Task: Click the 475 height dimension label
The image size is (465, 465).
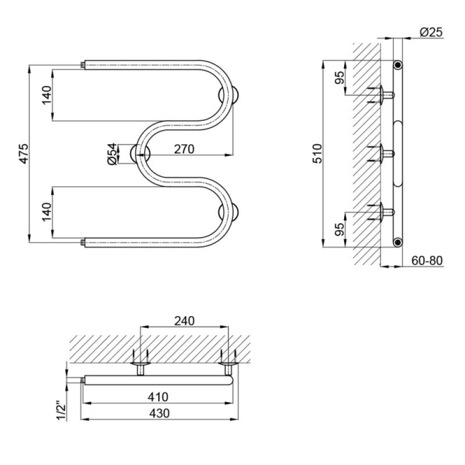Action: (24, 153)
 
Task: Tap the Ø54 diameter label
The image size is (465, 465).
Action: (112, 154)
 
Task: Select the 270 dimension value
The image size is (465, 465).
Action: (184, 149)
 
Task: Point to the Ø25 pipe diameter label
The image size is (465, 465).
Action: (431, 32)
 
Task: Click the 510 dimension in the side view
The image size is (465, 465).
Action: (317, 153)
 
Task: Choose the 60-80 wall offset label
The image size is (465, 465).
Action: (427, 261)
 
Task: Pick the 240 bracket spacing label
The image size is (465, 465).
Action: (185, 320)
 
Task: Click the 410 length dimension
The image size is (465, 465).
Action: (158, 397)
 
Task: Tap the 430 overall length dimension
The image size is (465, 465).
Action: (159, 413)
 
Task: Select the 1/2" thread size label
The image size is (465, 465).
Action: (62, 411)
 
